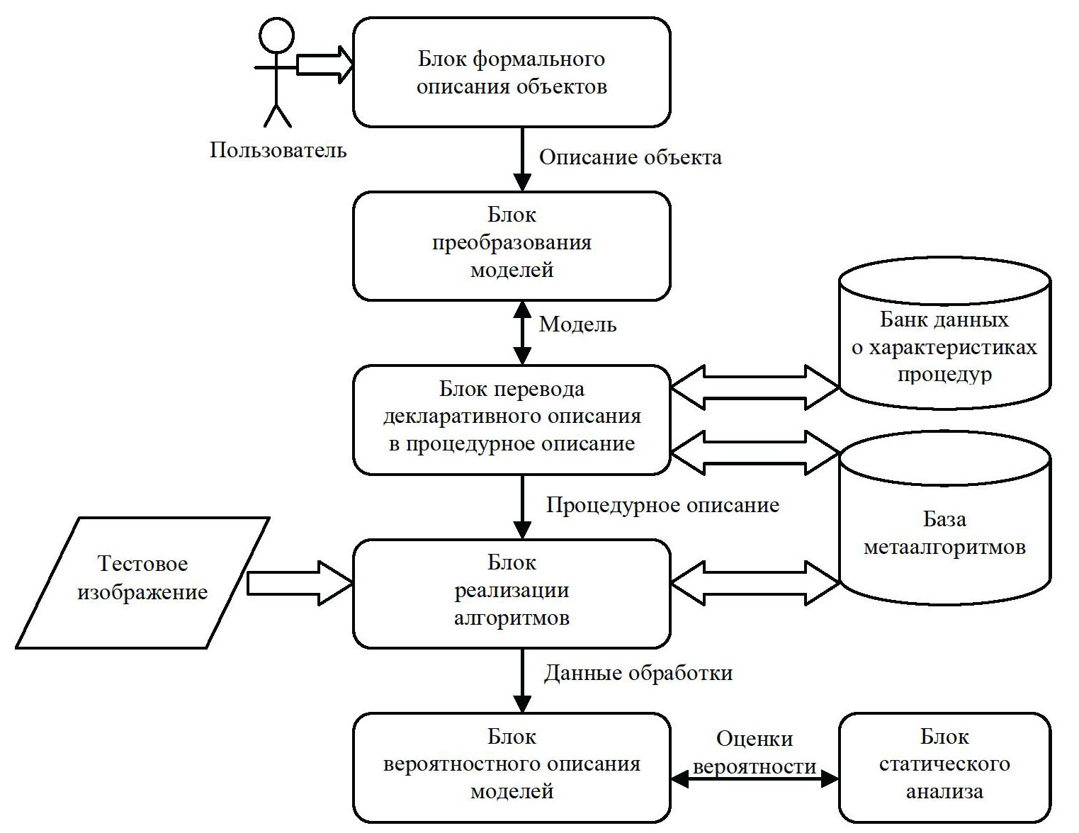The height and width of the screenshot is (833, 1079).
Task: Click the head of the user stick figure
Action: pyautogui.click(x=276, y=35)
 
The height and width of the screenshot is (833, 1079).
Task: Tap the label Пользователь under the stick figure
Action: pyautogui.click(x=278, y=150)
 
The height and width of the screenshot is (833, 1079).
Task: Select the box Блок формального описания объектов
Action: pyautogui.click(x=512, y=72)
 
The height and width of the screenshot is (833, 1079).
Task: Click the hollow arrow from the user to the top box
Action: pyautogui.click(x=324, y=64)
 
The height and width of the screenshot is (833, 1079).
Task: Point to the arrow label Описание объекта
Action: pyautogui.click(x=630, y=157)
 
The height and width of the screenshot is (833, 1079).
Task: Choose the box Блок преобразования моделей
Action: pyautogui.click(x=512, y=246)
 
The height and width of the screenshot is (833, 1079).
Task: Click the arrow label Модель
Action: pyautogui.click(x=577, y=324)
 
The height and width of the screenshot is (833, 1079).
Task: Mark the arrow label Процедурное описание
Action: pyautogui.click(x=662, y=505)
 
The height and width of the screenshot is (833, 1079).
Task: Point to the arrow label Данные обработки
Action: pyautogui.click(x=638, y=673)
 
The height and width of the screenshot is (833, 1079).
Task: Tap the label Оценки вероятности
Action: pyautogui.click(x=754, y=752)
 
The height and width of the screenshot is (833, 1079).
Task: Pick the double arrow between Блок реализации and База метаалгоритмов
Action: pyautogui.click(x=755, y=583)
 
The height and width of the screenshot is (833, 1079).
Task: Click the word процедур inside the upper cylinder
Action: pyautogui.click(x=944, y=374)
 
